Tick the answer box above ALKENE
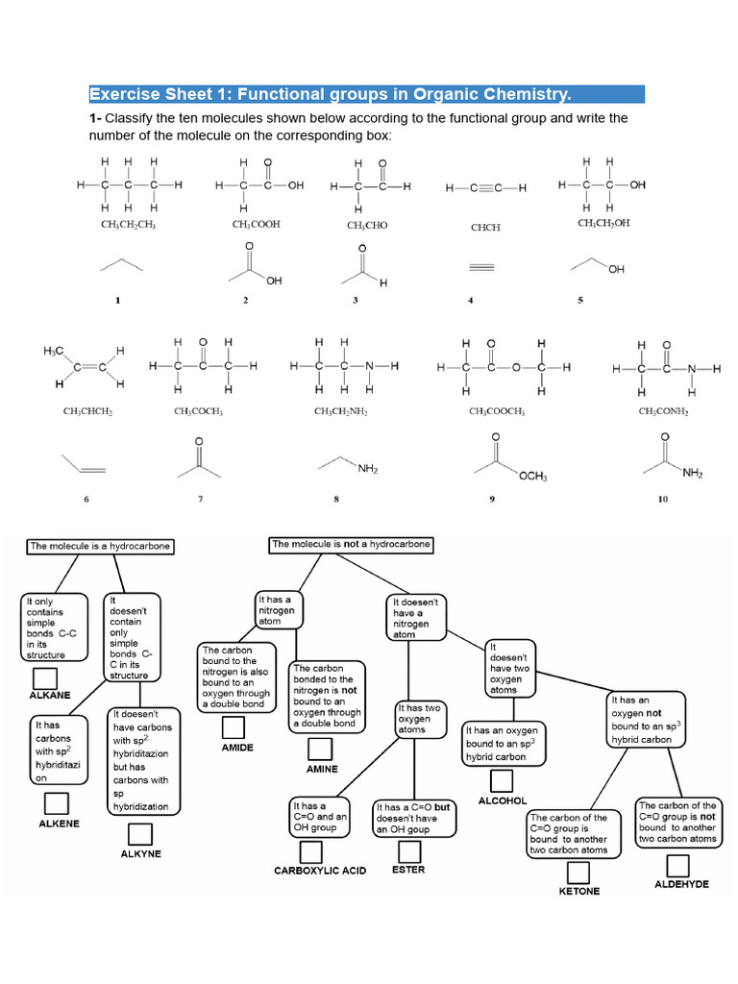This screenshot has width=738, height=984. click(56, 803)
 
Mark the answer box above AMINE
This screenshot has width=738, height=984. click(321, 750)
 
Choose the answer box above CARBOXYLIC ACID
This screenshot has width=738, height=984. click(310, 851)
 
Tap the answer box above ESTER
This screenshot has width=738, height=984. click(409, 850)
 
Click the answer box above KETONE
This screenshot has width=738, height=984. click(578, 872)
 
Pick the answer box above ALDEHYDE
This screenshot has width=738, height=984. click(677, 863)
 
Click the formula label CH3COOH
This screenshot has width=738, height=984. click(256, 225)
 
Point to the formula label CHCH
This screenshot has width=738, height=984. click(485, 228)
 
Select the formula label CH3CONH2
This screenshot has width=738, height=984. click(663, 411)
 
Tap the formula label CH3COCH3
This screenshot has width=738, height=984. click(199, 411)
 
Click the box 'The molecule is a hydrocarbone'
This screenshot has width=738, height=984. click(101, 546)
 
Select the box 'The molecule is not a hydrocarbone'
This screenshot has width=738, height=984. click(351, 545)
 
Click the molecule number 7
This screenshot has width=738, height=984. click(201, 499)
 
